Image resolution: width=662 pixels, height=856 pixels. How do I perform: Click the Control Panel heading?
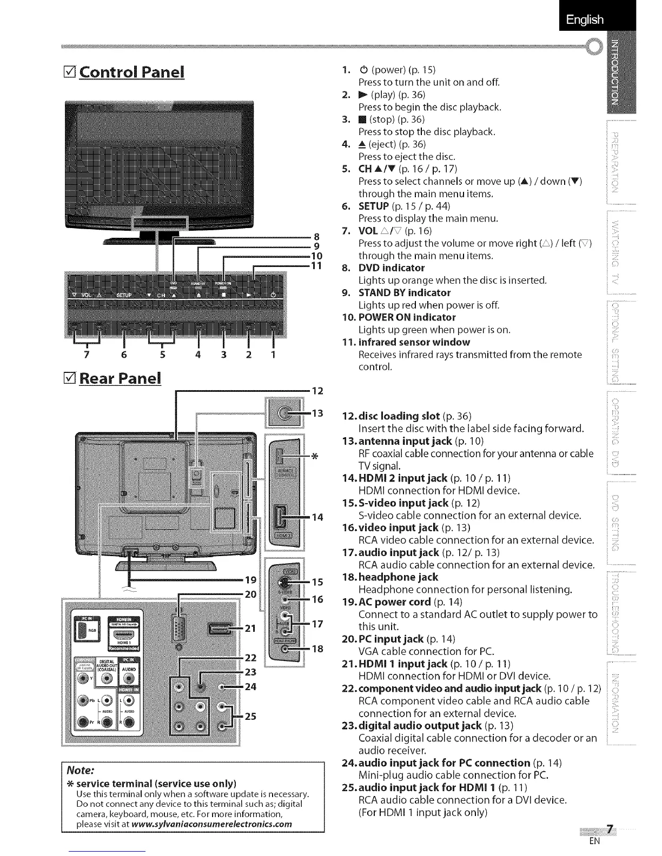(131, 72)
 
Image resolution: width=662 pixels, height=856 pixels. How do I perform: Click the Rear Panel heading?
(120, 378)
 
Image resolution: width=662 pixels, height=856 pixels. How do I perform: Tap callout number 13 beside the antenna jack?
(317, 413)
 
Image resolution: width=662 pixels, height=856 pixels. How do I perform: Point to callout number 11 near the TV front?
(317, 265)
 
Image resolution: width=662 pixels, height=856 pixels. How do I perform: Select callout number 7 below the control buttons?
(85, 355)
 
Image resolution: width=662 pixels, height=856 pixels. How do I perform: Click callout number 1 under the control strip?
(273, 355)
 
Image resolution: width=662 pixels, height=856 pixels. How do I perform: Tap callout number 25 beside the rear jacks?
(250, 717)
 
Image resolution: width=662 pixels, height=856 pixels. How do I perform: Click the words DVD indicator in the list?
(392, 268)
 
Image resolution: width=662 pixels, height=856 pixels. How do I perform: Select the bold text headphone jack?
(398, 577)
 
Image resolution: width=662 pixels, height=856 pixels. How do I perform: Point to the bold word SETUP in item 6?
(374, 206)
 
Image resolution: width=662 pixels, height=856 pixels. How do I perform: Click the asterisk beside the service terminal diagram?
(314, 457)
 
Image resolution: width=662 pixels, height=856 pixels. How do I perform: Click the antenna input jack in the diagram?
(284, 414)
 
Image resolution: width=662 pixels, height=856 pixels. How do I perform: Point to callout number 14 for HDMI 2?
(317, 517)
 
